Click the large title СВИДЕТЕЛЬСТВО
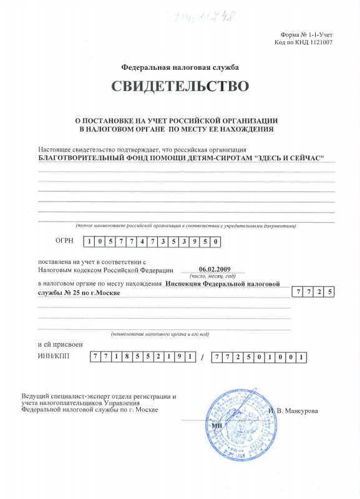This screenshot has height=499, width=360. click(x=180, y=86)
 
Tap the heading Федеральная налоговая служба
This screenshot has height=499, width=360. click(x=180, y=67)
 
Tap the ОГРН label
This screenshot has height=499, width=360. click(x=65, y=241)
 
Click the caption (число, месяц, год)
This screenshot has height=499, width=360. click(x=213, y=276)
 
